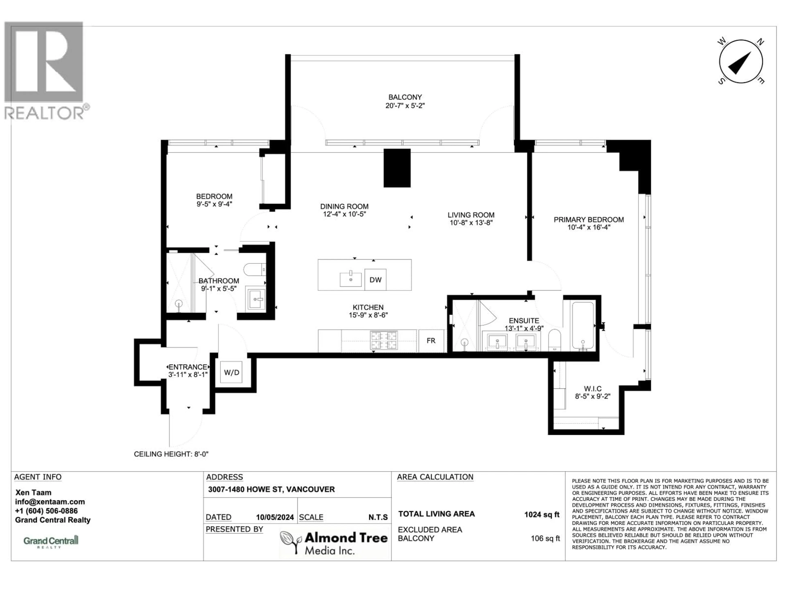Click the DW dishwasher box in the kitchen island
(375, 280)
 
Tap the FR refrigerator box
(431, 341)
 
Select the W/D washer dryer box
(231, 372)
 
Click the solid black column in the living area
(397, 168)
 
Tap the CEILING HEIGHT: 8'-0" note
(171, 454)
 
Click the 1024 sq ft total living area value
(542, 514)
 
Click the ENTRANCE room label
(188, 367)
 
